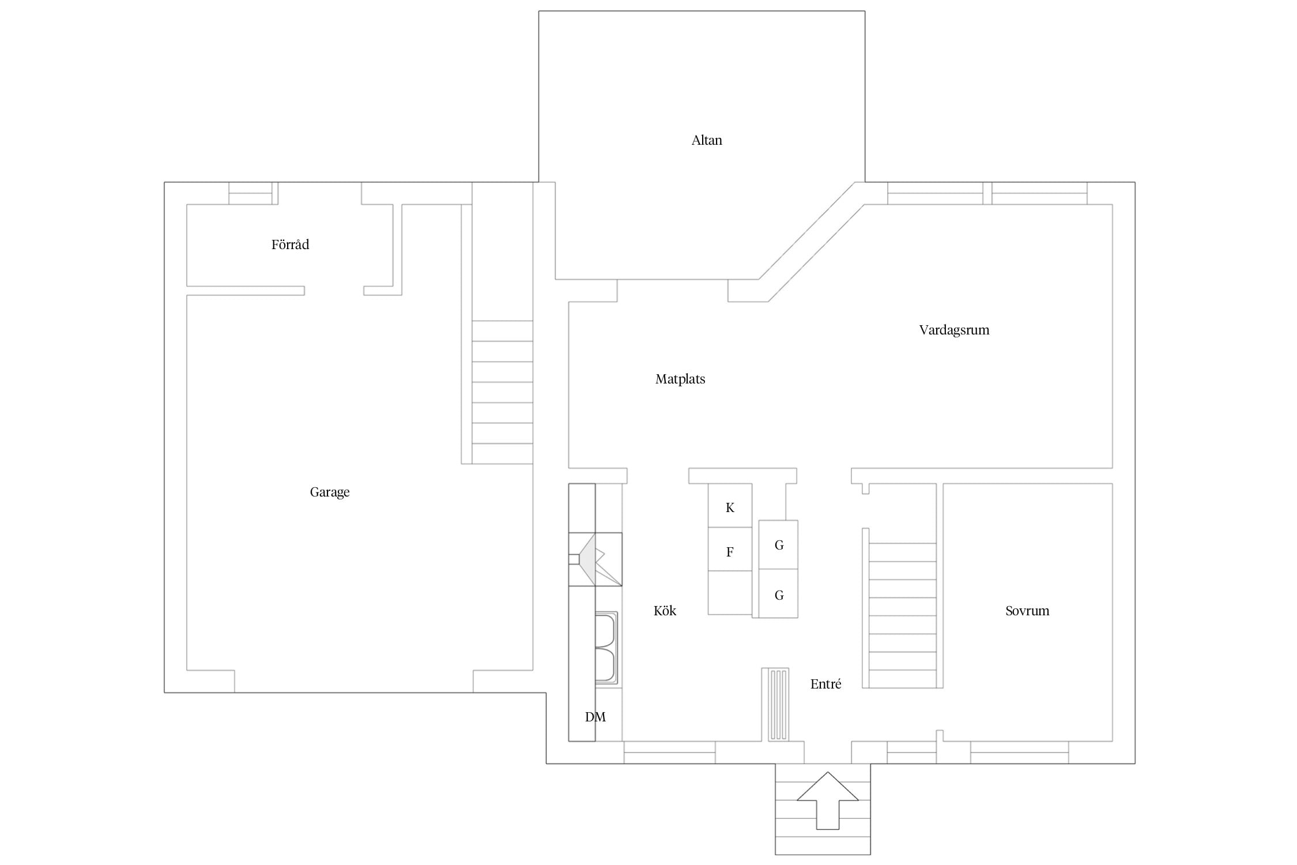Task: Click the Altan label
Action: coord(707,140)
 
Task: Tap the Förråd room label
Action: coord(290,245)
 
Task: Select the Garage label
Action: coord(330,492)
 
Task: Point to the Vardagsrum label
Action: coord(954,330)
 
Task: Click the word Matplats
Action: coord(680,379)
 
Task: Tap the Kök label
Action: coord(665,611)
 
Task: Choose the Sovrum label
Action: coord(1027,611)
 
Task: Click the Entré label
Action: coord(825,684)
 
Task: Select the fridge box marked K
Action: coord(730,506)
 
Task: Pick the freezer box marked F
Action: coord(730,550)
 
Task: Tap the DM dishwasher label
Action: coord(595,717)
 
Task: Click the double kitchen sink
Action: coord(606,648)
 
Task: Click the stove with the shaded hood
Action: coord(595,559)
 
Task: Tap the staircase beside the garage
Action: coord(502,392)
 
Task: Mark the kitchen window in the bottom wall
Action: coord(669,753)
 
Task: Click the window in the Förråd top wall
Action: coord(250,193)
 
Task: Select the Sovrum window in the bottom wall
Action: coord(1019,753)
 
